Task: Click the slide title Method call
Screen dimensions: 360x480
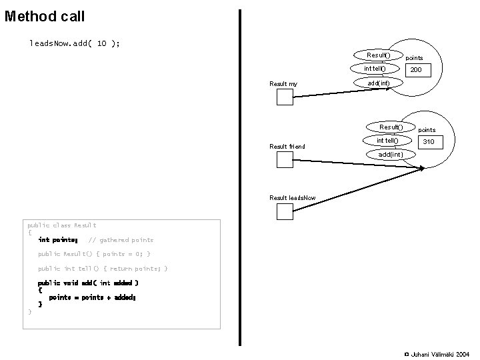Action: pyautogui.click(x=45, y=15)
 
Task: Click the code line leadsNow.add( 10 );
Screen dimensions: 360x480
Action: pyautogui.click(x=75, y=43)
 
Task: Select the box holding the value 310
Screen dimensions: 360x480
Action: pyautogui.click(x=429, y=142)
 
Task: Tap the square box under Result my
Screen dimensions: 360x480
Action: pyautogui.click(x=285, y=97)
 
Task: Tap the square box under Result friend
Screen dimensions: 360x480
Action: pyautogui.click(x=285, y=159)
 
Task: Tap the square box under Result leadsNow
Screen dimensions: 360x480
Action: pyautogui.click(x=285, y=211)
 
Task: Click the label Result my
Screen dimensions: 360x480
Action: pyautogui.click(x=283, y=84)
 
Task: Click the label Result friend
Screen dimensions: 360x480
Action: pyautogui.click(x=287, y=146)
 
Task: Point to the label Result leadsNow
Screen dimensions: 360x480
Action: pyautogui.click(x=292, y=198)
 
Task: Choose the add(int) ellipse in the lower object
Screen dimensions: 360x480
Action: pyautogui.click(x=390, y=155)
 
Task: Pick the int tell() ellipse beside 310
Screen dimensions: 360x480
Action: pyautogui.click(x=387, y=141)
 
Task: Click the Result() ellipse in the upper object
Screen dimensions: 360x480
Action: pyautogui.click(x=379, y=54)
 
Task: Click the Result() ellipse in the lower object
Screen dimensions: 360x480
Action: pyautogui.click(x=391, y=127)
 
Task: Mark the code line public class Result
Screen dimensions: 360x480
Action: pyautogui.click(x=61, y=225)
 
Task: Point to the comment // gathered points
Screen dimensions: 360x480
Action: pyautogui.click(x=121, y=240)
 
